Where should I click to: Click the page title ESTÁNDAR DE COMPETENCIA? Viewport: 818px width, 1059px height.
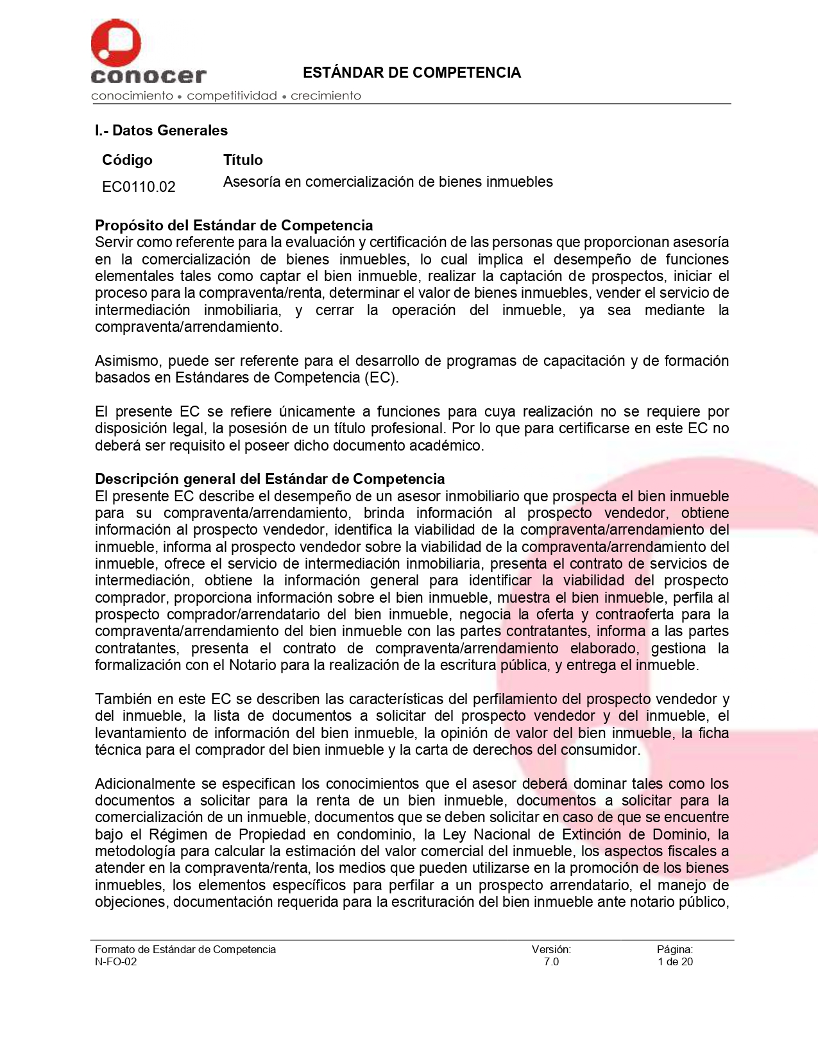tap(411, 73)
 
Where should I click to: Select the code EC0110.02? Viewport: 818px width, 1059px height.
tap(139, 187)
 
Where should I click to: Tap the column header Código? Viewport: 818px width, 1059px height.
tap(127, 160)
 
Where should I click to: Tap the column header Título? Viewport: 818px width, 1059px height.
tap(243, 160)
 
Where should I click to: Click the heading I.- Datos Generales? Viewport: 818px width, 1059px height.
tap(161, 130)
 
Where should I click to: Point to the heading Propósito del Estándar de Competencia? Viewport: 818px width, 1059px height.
tap(234, 225)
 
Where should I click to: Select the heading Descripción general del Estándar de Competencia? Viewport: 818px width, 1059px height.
tap(269, 479)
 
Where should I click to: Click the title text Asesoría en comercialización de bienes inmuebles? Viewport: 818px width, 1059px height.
tap(388, 182)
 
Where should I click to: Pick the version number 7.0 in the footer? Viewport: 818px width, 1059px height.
tap(551, 961)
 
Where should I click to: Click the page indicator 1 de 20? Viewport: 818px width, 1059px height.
tap(675, 961)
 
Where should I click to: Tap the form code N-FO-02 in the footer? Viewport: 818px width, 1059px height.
tap(115, 961)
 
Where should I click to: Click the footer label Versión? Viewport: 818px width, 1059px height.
tap(551, 949)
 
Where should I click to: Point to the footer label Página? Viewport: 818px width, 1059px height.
tap(674, 949)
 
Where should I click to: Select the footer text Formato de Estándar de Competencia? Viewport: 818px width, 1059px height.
tap(185, 949)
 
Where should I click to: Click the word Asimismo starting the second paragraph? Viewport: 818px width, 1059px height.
tap(127, 361)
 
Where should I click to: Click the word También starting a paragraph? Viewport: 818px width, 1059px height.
tap(121, 699)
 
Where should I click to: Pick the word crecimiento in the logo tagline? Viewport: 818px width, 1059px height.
tap(325, 96)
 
